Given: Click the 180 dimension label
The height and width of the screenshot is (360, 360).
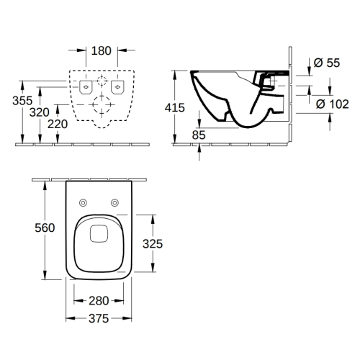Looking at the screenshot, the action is pos(102,51).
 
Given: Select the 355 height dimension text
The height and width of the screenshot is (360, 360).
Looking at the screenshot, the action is pos(22,101).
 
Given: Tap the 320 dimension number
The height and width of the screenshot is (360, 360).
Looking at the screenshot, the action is pos(40,112).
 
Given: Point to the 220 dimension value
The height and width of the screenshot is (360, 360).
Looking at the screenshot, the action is pos(58,124).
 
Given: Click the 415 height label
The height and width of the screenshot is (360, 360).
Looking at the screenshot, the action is pos(175,107).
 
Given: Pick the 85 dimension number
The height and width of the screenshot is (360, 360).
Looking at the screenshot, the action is pos(199,135).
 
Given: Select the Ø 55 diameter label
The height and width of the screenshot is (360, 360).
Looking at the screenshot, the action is pos(327,63).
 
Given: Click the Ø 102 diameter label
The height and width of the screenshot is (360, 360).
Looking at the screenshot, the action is pos(333,104).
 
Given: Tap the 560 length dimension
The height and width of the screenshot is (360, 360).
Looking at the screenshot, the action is pos(45,228).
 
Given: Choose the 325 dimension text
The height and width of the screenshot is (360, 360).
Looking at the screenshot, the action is pos(153,244).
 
